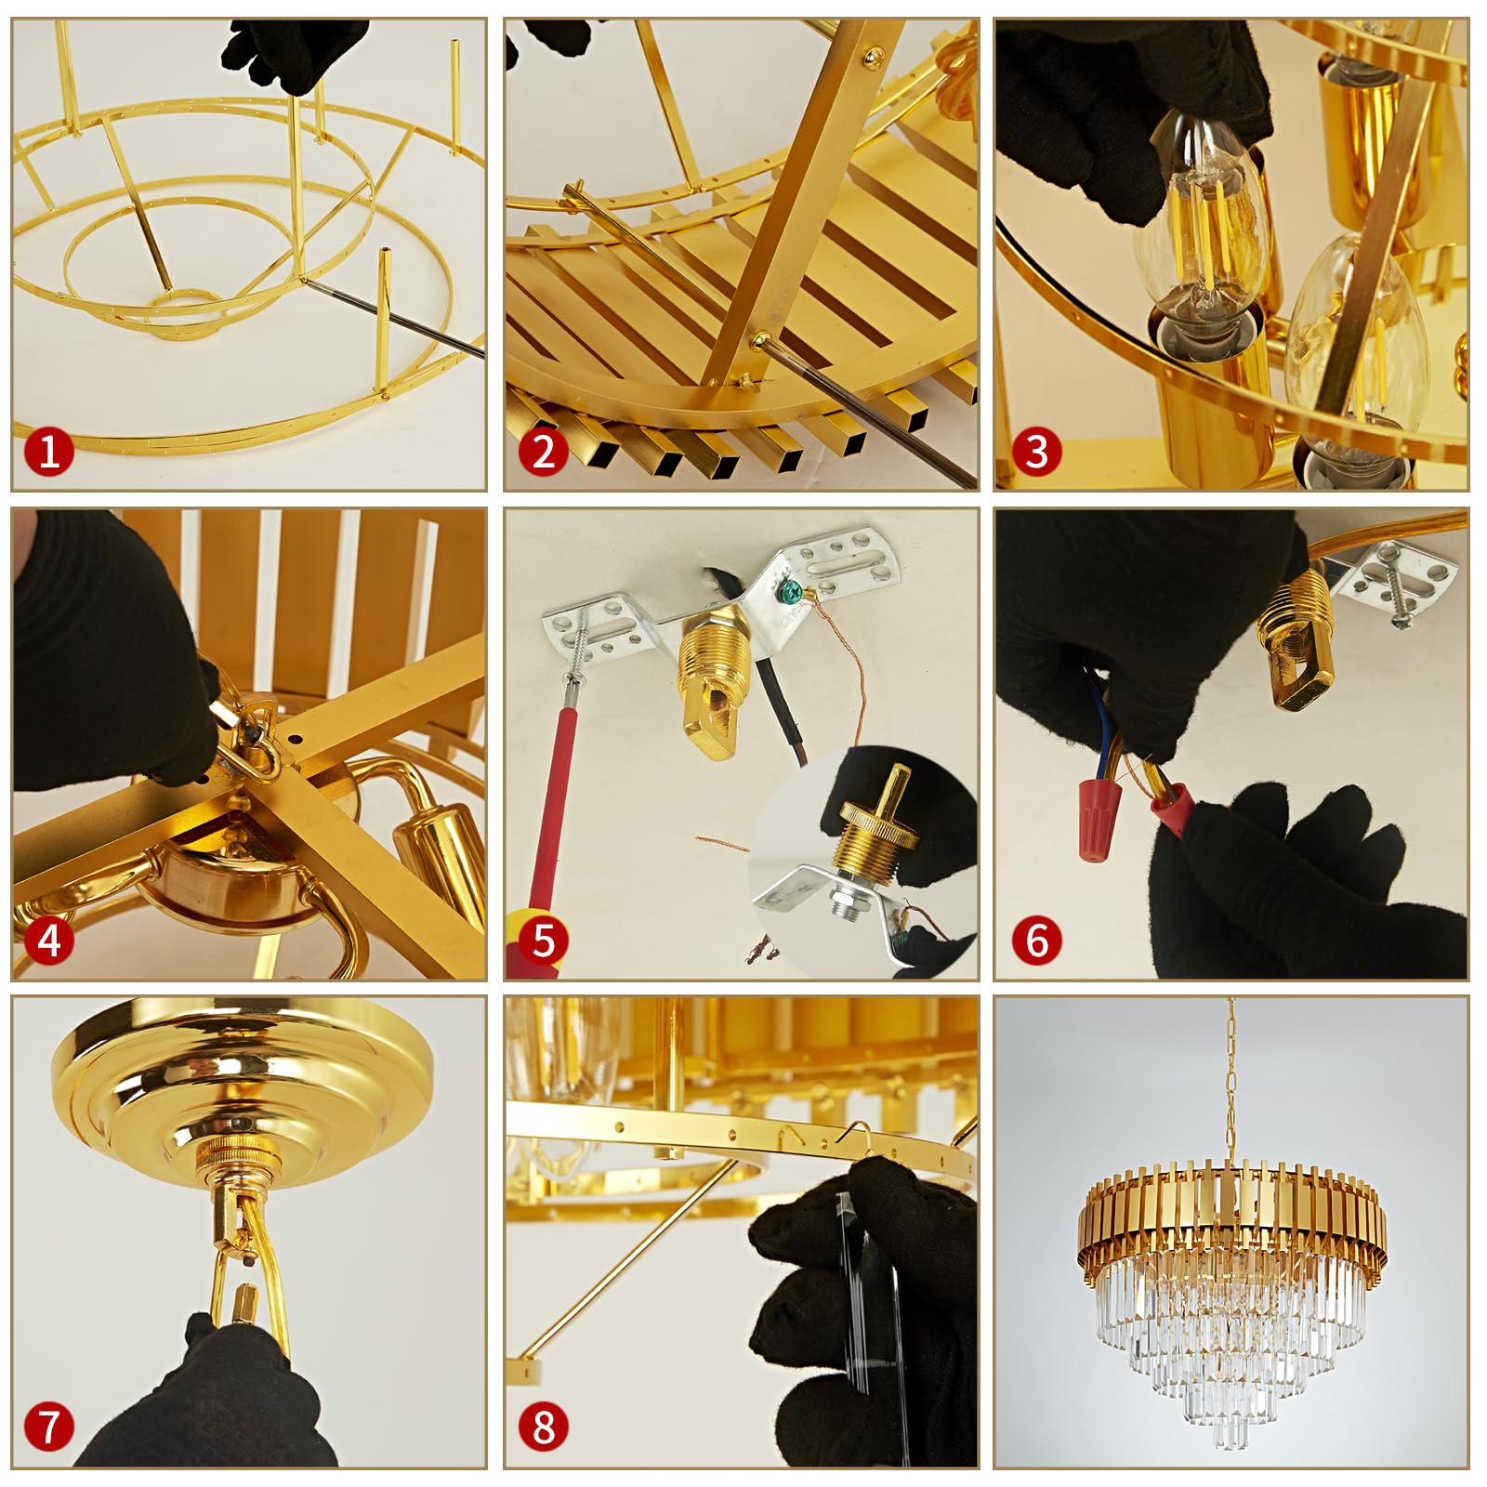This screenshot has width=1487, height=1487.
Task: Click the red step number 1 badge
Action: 48,451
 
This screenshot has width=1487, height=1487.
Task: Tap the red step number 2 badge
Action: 544,451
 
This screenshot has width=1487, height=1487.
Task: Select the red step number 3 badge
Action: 1035,451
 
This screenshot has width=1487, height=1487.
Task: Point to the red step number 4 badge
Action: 48,941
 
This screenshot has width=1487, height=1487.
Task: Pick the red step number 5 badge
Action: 544,941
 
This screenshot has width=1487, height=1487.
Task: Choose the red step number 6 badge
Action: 1035,941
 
